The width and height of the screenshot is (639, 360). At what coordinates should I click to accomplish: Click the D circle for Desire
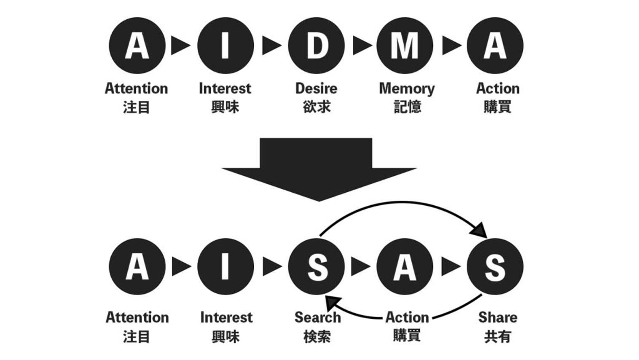(316, 46)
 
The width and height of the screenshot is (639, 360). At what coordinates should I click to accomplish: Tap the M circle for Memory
(405, 46)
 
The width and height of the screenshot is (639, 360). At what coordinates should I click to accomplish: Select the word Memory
(407, 89)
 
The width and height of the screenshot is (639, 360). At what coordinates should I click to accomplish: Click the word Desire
(316, 89)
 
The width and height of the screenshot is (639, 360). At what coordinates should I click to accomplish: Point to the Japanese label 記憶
(407, 107)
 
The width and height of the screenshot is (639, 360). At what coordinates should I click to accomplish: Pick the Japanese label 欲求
(316, 107)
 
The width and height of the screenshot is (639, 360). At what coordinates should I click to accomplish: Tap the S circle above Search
(316, 266)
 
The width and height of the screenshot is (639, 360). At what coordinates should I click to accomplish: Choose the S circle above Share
(495, 266)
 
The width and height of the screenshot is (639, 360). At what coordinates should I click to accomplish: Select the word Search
(317, 317)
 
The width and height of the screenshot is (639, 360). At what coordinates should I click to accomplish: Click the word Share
(497, 317)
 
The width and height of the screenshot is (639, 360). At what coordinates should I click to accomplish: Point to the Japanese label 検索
(317, 336)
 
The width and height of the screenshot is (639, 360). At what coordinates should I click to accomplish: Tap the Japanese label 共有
(497, 336)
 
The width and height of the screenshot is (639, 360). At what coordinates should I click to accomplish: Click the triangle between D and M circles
(361, 46)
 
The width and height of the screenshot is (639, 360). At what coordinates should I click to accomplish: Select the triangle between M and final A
(451, 46)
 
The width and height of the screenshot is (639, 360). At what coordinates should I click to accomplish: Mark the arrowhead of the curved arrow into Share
(480, 231)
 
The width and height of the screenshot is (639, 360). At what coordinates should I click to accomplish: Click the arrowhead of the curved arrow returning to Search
(333, 302)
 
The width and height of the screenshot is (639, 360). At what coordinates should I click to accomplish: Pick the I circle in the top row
(226, 46)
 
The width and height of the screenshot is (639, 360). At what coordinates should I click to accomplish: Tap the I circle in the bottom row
(226, 266)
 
